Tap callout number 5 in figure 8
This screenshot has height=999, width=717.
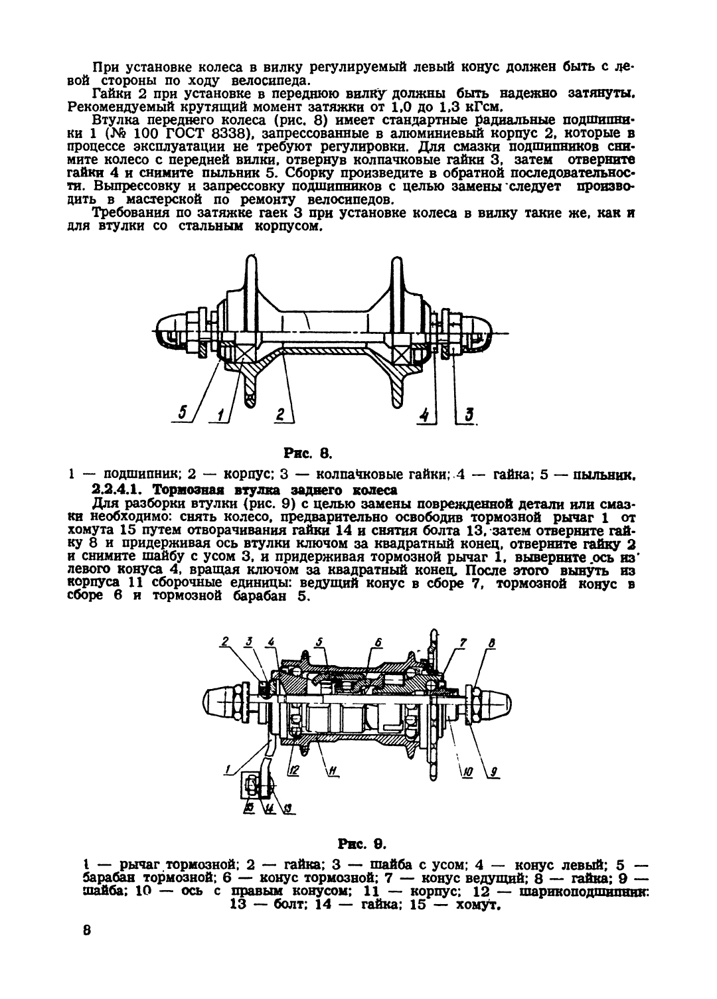coord(183,413)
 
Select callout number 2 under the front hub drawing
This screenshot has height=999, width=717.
coord(281,415)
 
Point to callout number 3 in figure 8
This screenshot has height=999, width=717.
coord(469,415)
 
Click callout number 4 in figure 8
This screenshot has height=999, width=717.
coord(424,415)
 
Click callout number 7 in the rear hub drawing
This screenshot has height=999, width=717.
coord(463,643)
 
